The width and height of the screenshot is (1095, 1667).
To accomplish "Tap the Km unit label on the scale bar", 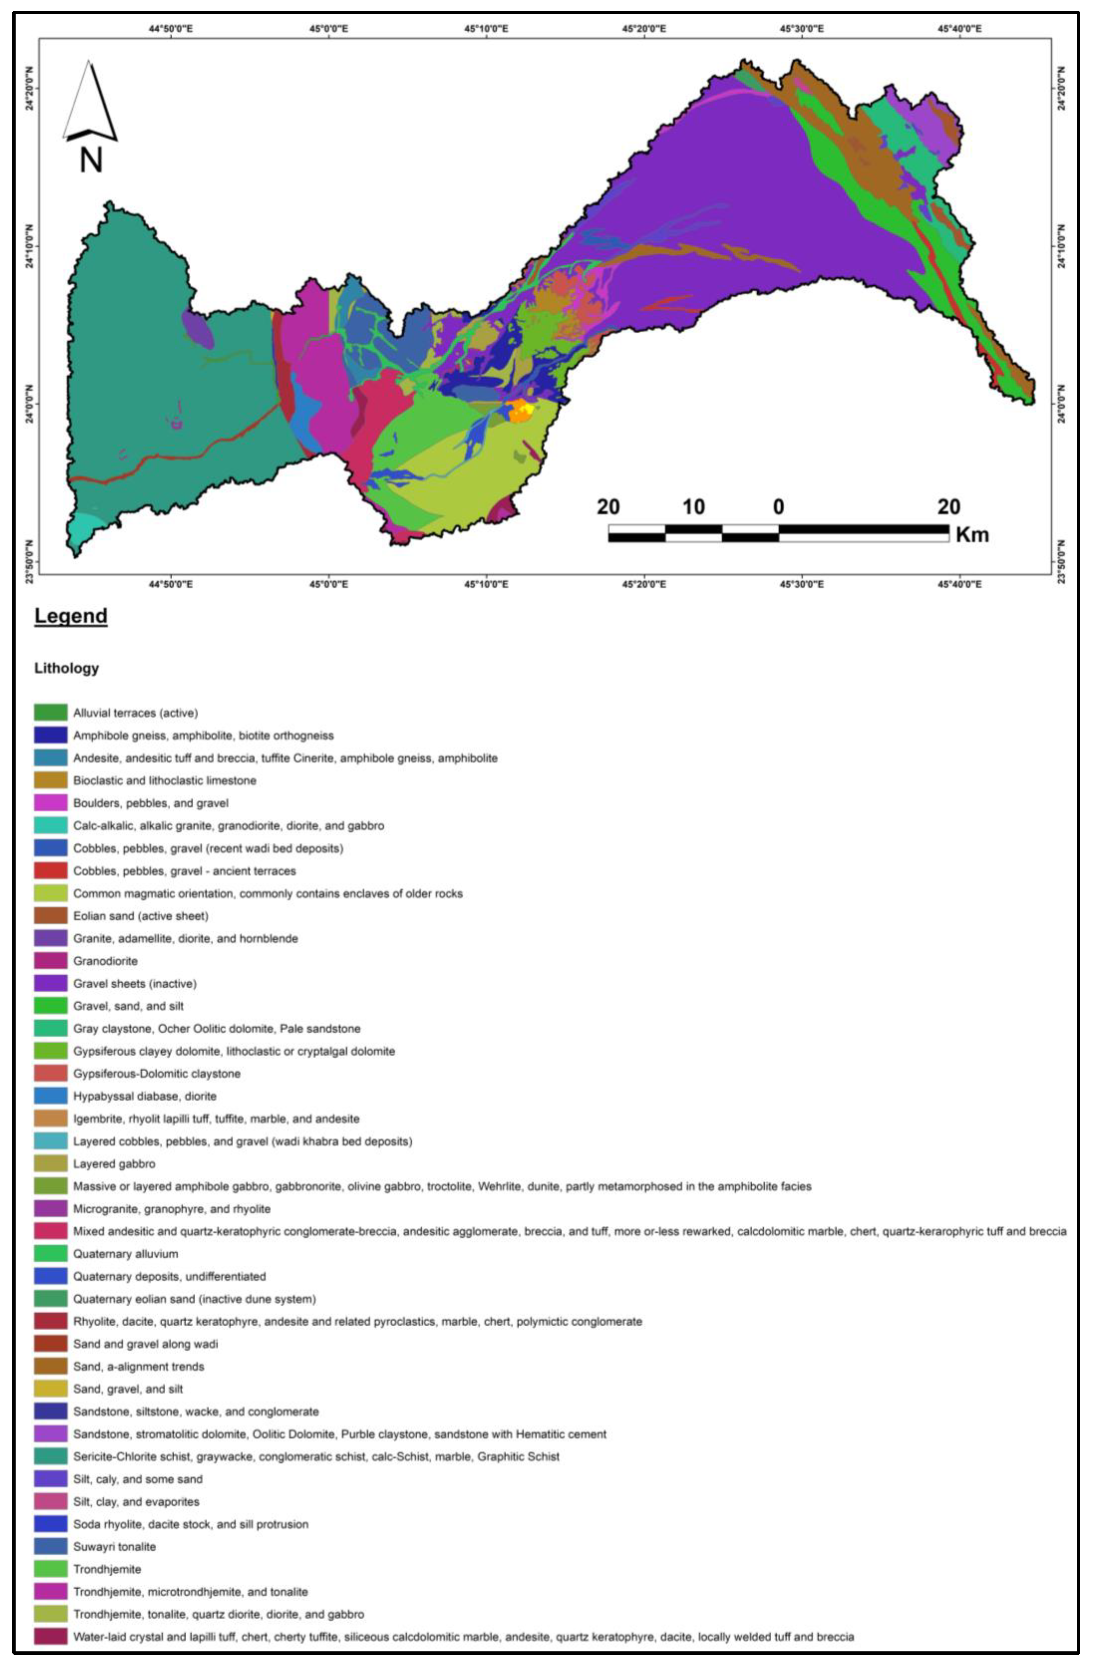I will tap(972, 535).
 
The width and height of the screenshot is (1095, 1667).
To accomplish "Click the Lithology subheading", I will tap(66, 668).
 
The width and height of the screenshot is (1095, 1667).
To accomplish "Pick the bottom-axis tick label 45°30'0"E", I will tap(801, 584).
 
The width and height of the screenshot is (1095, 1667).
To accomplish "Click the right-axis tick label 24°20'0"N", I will tap(1061, 88).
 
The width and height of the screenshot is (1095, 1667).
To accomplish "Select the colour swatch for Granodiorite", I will tap(50, 961).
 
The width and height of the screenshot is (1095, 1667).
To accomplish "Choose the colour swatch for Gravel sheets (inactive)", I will tap(50, 983).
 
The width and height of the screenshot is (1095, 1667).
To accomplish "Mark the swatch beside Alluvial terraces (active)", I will tap(50, 713).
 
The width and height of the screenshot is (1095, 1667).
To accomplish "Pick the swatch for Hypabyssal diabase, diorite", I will tap(50, 1096).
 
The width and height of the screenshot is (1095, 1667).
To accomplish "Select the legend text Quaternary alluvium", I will tap(125, 1254).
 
